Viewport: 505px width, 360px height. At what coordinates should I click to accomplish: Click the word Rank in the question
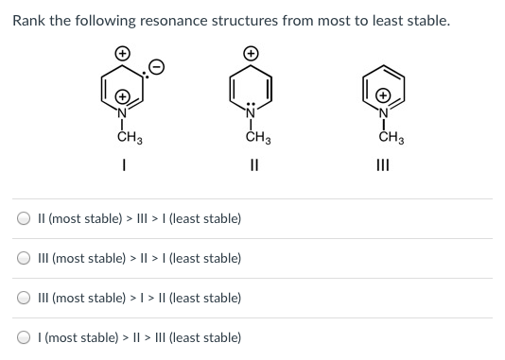pyautogui.click(x=29, y=20)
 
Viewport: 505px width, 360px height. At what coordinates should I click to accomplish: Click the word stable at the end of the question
pyautogui.click(x=426, y=20)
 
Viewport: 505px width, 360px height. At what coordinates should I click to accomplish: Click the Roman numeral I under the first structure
pyautogui.click(x=123, y=170)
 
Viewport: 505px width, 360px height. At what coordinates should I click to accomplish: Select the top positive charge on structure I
pyautogui.click(x=122, y=54)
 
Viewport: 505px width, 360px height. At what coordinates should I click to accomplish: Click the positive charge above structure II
pyautogui.click(x=252, y=54)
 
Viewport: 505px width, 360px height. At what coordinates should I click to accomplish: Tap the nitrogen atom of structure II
pyautogui.click(x=252, y=114)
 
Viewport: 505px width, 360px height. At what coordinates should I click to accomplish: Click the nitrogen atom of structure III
pyautogui.click(x=383, y=114)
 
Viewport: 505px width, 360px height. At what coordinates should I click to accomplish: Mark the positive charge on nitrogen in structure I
pyautogui.click(x=122, y=96)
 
